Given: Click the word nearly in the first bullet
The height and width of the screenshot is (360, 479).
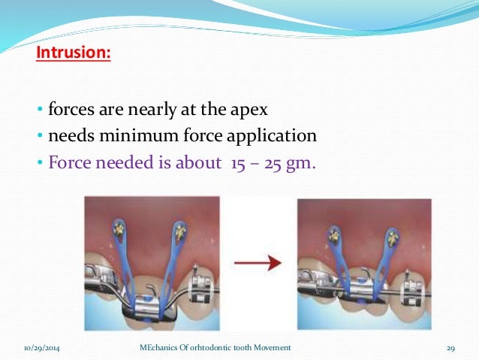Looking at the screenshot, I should (144, 110).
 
